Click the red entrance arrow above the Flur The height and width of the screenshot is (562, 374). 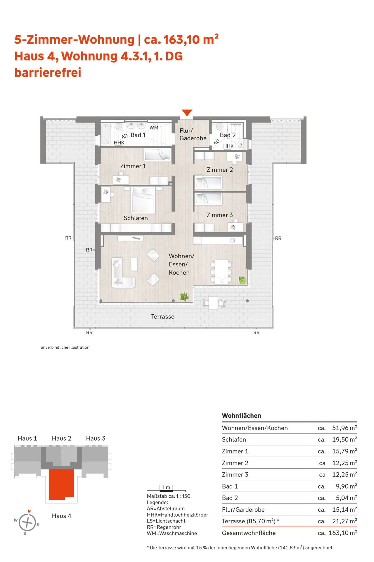click(x=187, y=112)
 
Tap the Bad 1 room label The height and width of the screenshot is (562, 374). click(x=138, y=135)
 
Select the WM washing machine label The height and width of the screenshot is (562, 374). click(x=154, y=128)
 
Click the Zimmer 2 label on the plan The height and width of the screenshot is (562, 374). click(x=220, y=170)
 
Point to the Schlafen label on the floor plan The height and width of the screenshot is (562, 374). click(x=136, y=218)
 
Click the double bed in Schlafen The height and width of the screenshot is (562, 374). click(x=143, y=200)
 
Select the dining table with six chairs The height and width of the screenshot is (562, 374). click(x=221, y=272)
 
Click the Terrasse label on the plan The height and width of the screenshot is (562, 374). click(x=163, y=316)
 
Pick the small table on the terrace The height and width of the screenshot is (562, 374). click(x=213, y=303)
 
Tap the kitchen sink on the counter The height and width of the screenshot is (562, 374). click(x=233, y=241)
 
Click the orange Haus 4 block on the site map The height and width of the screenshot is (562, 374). click(x=61, y=484)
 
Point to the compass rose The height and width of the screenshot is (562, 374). click(x=27, y=522)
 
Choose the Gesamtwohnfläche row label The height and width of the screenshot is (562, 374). click(x=249, y=533)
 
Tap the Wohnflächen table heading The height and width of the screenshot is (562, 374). click(x=241, y=416)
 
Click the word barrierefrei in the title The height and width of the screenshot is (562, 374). click(x=48, y=73)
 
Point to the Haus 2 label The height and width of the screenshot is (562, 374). click(x=61, y=438)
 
